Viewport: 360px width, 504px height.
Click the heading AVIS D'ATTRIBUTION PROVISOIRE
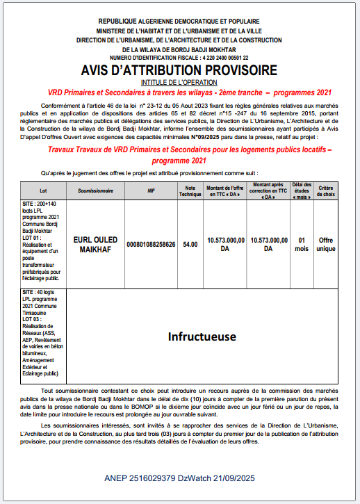point(179,71)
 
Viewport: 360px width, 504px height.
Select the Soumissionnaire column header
point(95,190)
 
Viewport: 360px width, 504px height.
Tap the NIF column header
point(151,190)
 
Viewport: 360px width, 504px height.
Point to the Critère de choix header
point(326,190)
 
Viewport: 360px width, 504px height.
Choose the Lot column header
point(42,190)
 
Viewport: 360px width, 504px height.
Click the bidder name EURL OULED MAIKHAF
point(95,244)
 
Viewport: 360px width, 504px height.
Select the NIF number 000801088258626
point(151,244)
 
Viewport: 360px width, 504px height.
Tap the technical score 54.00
point(190,244)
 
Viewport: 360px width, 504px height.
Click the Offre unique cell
point(326,244)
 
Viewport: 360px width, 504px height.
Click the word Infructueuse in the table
point(202,336)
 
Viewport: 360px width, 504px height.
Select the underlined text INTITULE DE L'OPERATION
point(179,82)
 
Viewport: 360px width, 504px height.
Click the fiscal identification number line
point(179,58)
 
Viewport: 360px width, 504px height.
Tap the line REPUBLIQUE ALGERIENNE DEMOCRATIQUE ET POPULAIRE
point(179,23)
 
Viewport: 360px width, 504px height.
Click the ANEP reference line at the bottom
point(179,479)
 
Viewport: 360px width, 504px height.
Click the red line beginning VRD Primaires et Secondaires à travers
point(179,92)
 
